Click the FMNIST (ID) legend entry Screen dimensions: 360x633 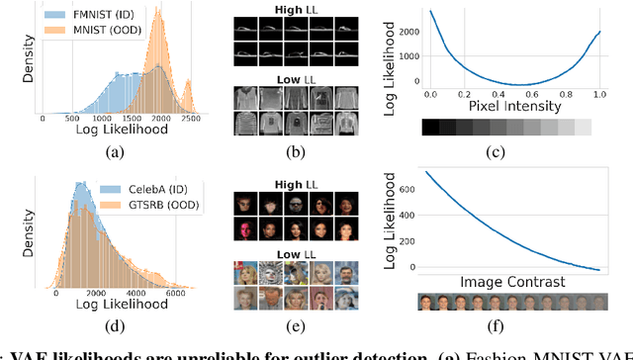[x=98, y=17]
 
